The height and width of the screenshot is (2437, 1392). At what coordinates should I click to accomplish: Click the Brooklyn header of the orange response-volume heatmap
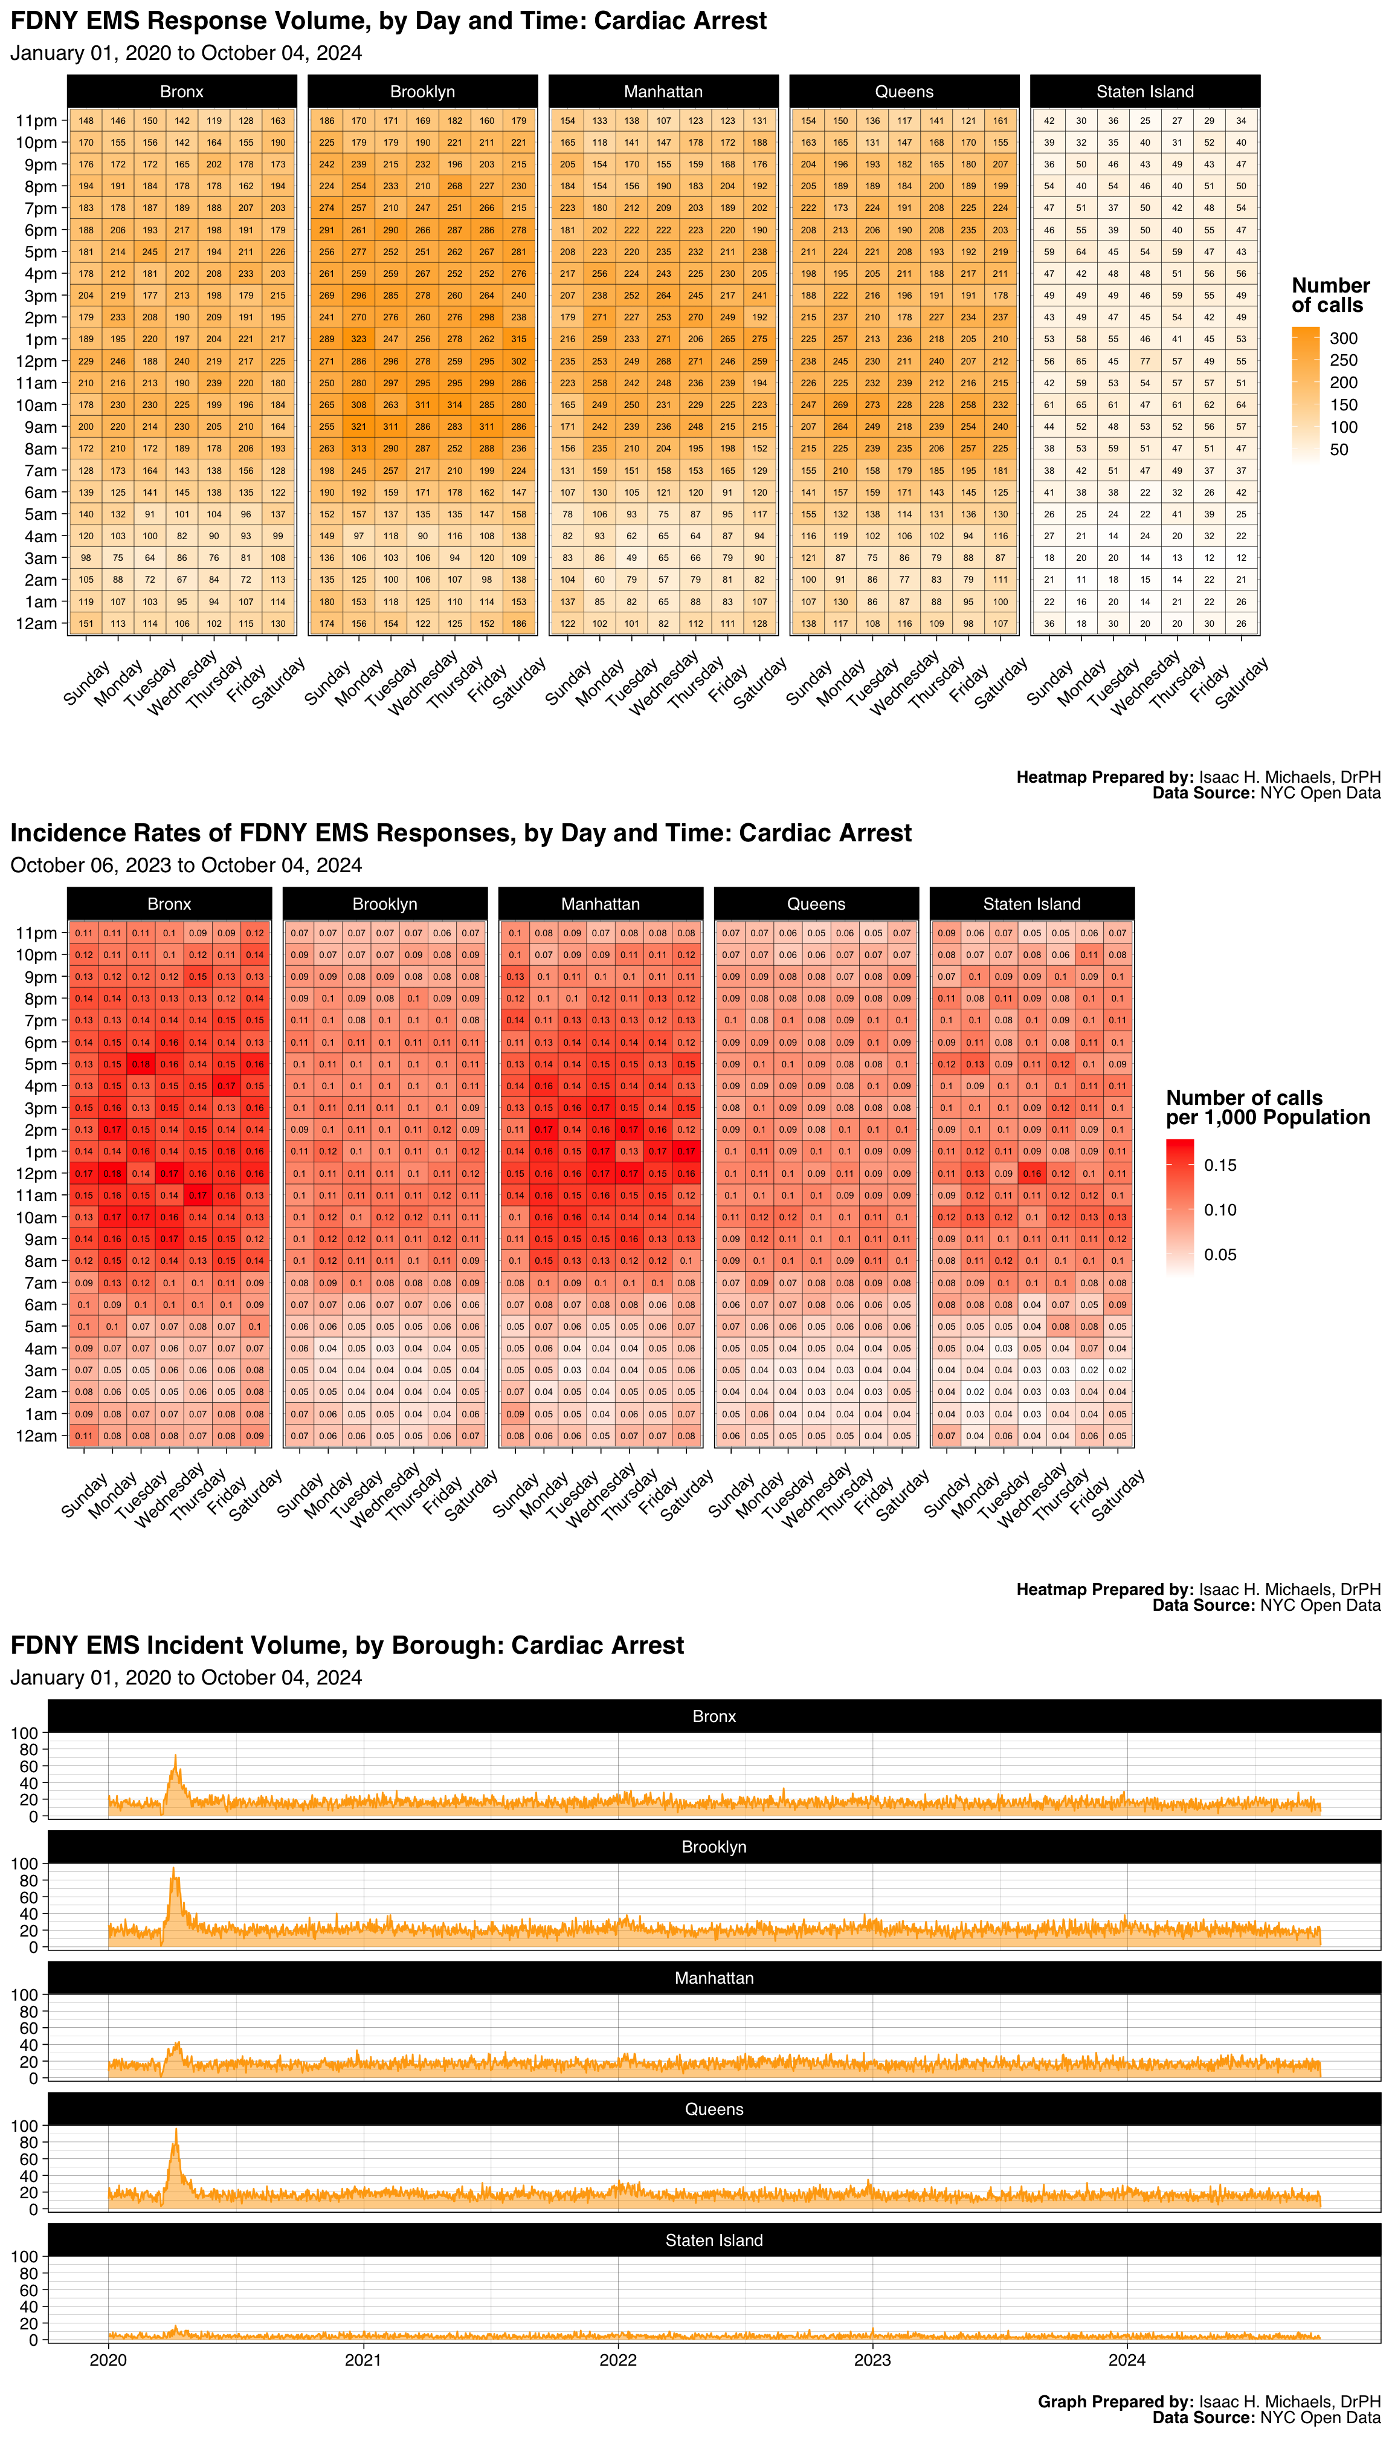point(422,92)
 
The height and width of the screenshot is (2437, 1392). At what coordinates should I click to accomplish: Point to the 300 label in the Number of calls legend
point(1343,338)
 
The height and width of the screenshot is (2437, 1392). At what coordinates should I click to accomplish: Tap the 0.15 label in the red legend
point(1220,1165)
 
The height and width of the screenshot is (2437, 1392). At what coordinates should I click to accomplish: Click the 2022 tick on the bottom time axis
point(617,2360)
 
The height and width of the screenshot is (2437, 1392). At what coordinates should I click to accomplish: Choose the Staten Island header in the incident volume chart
point(714,2240)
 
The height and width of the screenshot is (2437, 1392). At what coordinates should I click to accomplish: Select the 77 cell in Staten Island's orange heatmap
point(1145,361)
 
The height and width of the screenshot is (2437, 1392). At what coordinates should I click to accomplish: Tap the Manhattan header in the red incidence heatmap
point(601,904)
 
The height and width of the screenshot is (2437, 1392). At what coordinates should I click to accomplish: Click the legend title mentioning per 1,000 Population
point(1268,1107)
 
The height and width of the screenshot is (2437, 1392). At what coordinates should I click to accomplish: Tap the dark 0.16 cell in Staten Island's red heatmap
point(1031,1174)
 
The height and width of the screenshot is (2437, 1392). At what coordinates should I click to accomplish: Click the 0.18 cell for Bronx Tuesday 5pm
point(141,1064)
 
